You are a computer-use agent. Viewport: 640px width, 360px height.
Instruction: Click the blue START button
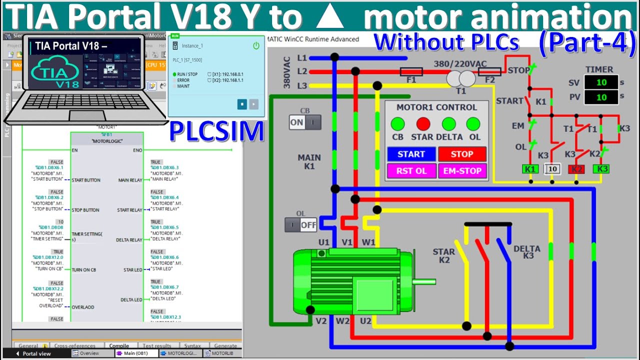pyautogui.click(x=411, y=154)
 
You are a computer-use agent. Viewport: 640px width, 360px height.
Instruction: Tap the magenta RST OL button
pyautogui.click(x=411, y=171)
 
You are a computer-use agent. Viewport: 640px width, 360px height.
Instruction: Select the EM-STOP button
pyautogui.click(x=462, y=171)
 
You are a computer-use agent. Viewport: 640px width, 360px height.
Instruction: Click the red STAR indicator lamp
pyautogui.click(x=423, y=124)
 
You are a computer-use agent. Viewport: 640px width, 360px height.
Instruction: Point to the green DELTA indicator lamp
pyautogui.click(x=448, y=124)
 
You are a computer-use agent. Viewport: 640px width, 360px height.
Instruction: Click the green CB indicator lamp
pyautogui.click(x=397, y=124)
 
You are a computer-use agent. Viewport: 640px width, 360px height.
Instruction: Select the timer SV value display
pyautogui.click(x=600, y=82)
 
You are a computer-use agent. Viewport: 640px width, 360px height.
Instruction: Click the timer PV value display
pyautogui.click(x=600, y=97)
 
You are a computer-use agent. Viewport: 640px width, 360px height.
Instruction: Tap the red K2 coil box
pyautogui.click(x=576, y=169)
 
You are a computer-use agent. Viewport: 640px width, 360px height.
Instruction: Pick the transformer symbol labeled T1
pyautogui.click(x=460, y=78)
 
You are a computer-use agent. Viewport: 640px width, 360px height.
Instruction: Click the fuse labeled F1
pyautogui.click(x=411, y=71)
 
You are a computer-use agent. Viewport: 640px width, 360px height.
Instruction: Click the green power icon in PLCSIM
pyautogui.click(x=256, y=45)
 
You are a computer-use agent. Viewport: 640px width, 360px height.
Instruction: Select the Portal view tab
pyautogui.click(x=35, y=353)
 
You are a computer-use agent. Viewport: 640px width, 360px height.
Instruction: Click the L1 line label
pyautogui.click(x=302, y=58)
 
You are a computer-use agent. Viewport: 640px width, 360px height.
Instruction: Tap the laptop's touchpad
pyautogui.click(x=87, y=116)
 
